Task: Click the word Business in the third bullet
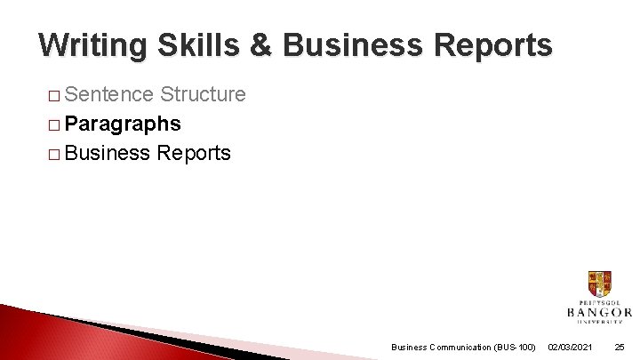click(x=108, y=153)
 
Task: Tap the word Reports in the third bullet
click(x=194, y=153)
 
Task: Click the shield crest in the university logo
click(x=599, y=284)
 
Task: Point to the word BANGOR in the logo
click(x=599, y=313)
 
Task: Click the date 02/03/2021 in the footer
click(x=571, y=347)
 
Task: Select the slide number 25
click(x=620, y=347)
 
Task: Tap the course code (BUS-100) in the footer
click(x=515, y=347)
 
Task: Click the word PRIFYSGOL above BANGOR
click(x=599, y=303)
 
